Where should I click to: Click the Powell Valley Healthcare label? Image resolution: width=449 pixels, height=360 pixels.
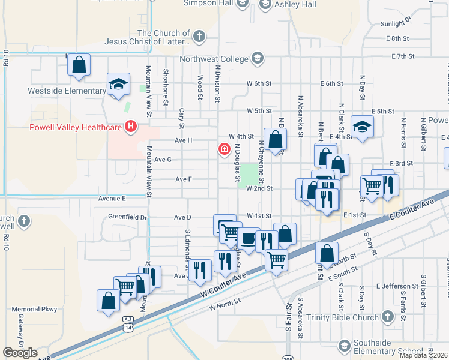click(x=76, y=127)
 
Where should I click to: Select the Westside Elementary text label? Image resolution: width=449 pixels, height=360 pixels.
click(x=66, y=91)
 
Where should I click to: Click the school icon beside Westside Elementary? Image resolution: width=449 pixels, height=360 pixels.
click(x=118, y=85)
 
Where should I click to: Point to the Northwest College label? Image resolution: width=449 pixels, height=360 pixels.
click(x=214, y=59)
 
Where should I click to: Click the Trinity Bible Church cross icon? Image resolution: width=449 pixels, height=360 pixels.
click(x=387, y=316)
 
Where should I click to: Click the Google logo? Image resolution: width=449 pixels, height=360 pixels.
click(x=20, y=353)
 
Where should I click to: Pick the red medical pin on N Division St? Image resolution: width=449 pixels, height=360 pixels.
click(x=224, y=148)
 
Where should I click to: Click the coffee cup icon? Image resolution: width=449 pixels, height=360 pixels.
click(x=247, y=238)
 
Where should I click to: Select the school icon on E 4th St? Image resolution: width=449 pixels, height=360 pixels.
click(x=362, y=126)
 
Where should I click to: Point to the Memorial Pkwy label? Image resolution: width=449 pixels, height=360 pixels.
click(x=34, y=310)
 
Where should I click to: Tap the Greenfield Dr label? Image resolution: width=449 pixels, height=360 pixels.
click(x=127, y=217)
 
